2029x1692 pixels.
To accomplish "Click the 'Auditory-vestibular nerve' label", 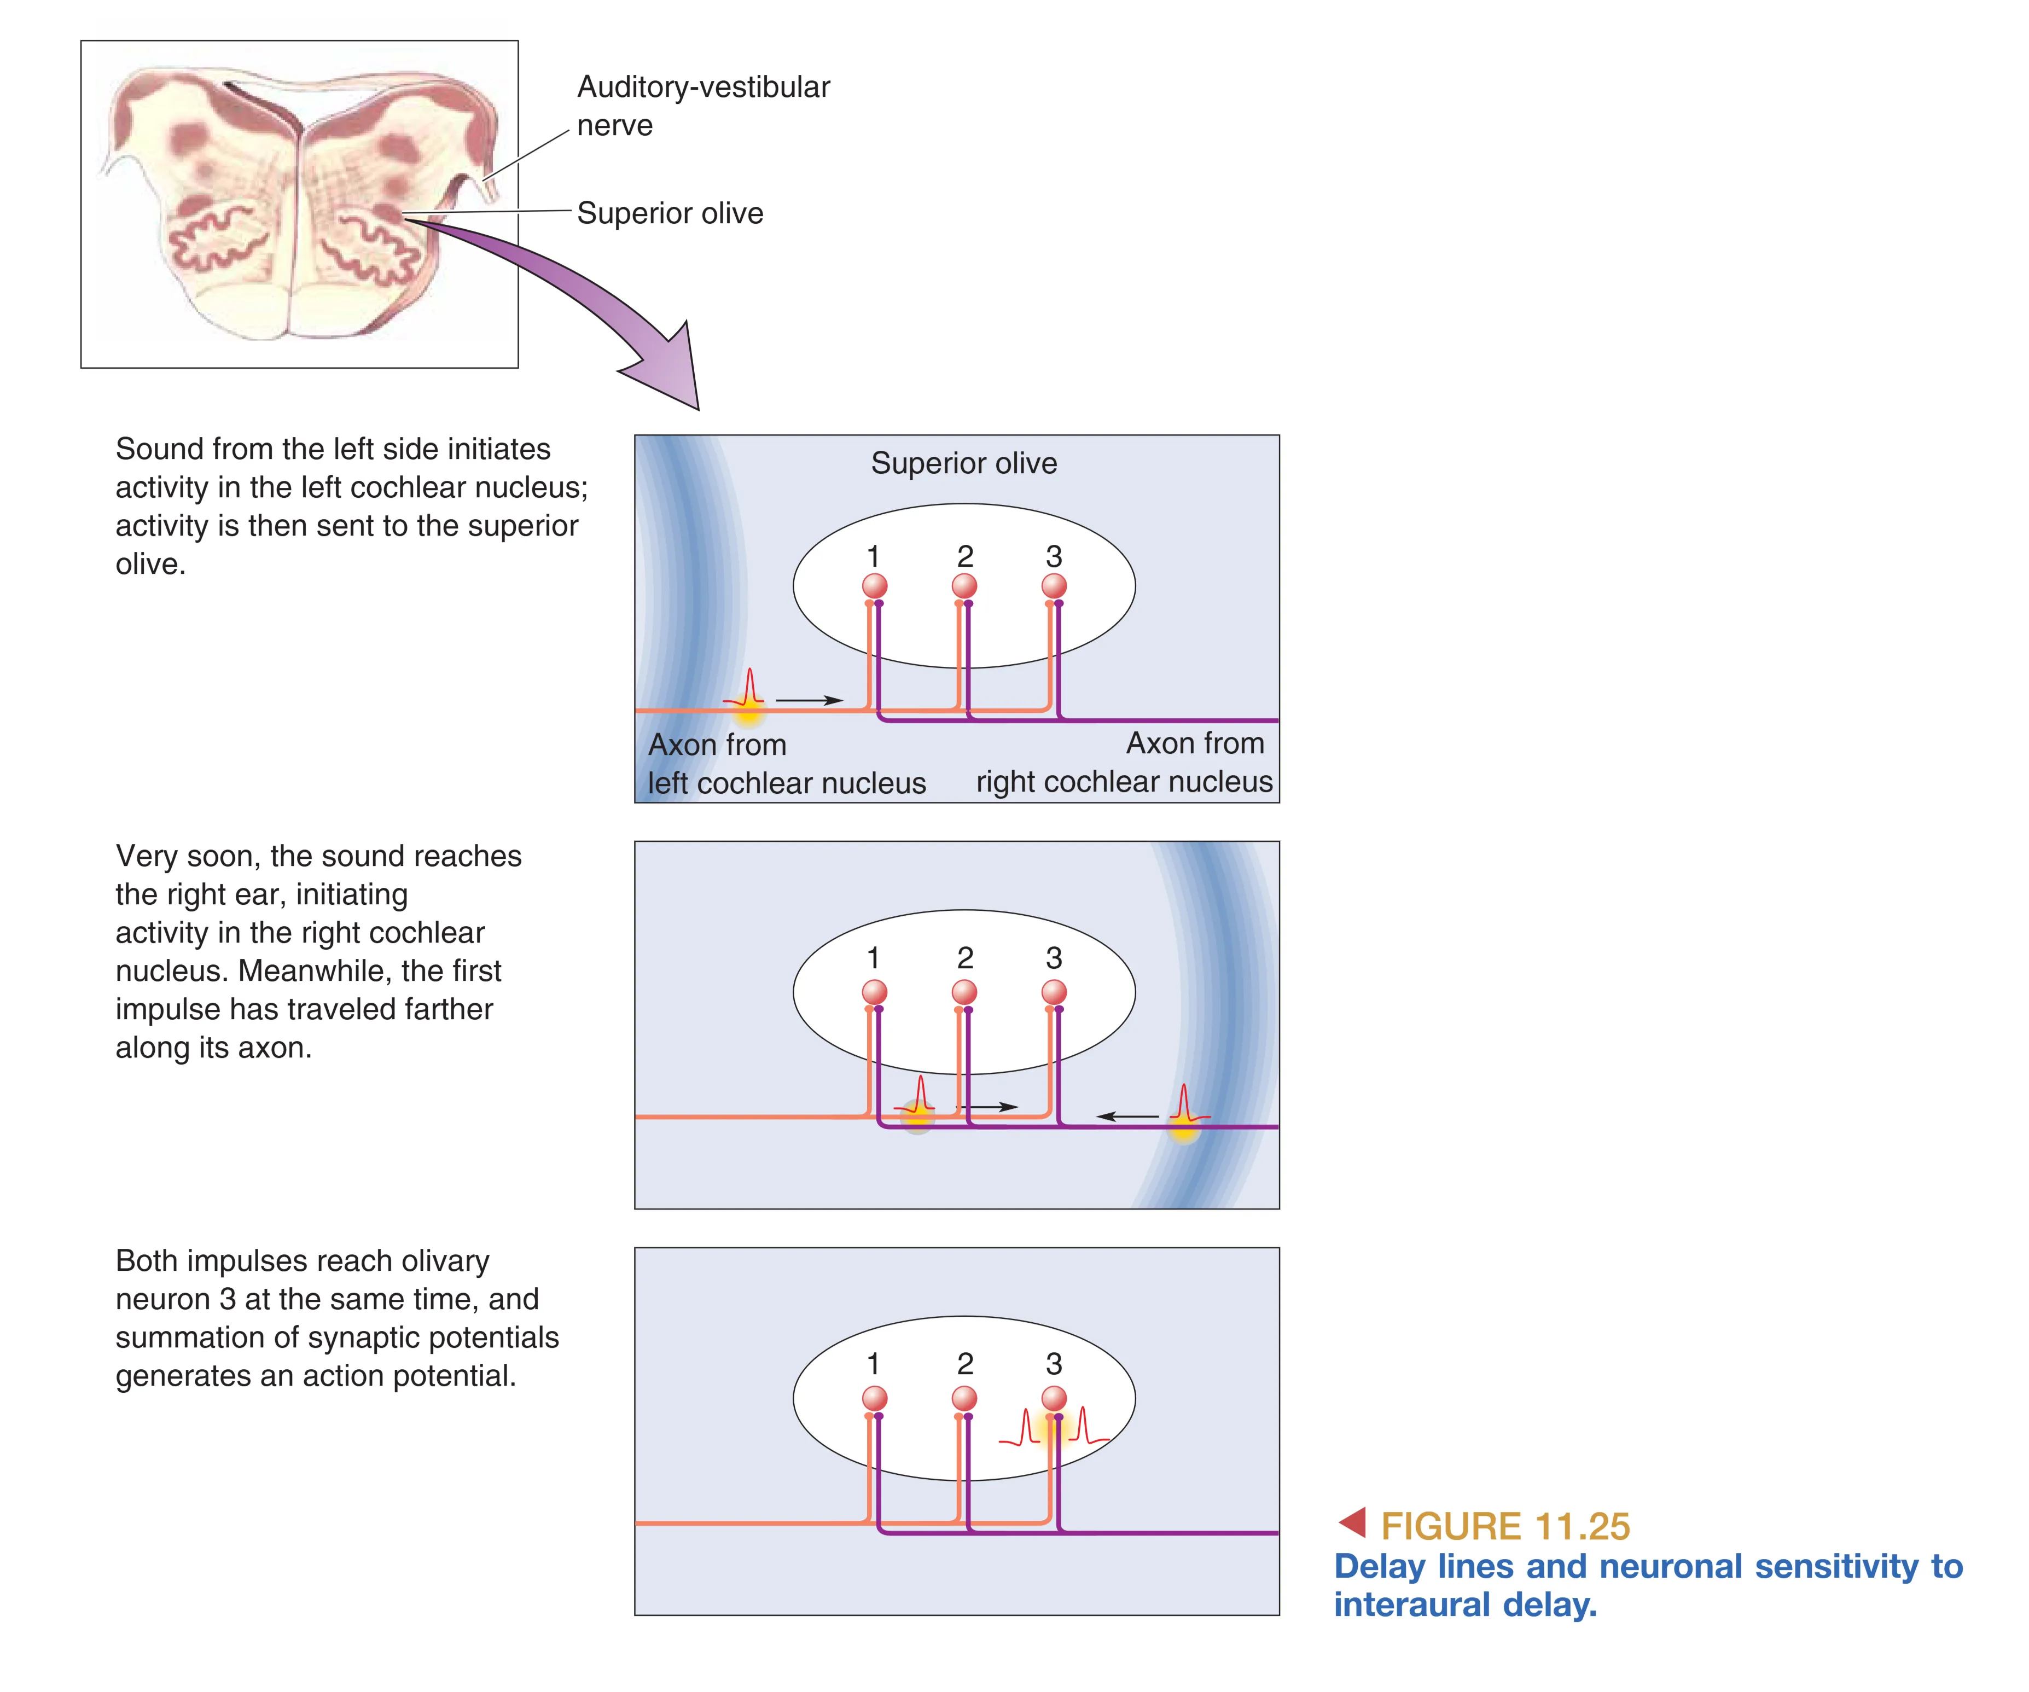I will (x=704, y=106).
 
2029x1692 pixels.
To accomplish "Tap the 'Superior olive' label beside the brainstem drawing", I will (x=670, y=213).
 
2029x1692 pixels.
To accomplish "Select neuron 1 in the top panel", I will (x=874, y=585).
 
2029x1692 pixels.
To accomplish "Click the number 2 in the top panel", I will (x=965, y=556).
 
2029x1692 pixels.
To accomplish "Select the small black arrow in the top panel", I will (x=810, y=700).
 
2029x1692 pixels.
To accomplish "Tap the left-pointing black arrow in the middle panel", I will (x=1127, y=1116).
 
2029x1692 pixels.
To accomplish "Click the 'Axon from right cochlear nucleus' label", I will (x=1125, y=763).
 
